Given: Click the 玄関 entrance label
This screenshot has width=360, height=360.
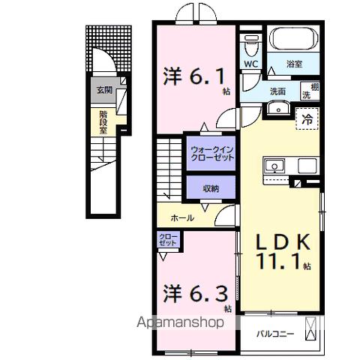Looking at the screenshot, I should click(x=102, y=91).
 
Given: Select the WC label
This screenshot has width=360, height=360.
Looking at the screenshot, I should click(x=250, y=64).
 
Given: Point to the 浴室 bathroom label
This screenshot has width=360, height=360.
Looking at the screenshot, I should click(x=294, y=65).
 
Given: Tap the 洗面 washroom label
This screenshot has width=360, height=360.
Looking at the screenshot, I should click(x=278, y=91).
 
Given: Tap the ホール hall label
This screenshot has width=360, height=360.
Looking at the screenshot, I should click(x=182, y=217).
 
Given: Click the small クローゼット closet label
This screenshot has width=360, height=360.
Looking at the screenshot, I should click(x=167, y=241).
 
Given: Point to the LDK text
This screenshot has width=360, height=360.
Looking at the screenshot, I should click(x=283, y=244).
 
